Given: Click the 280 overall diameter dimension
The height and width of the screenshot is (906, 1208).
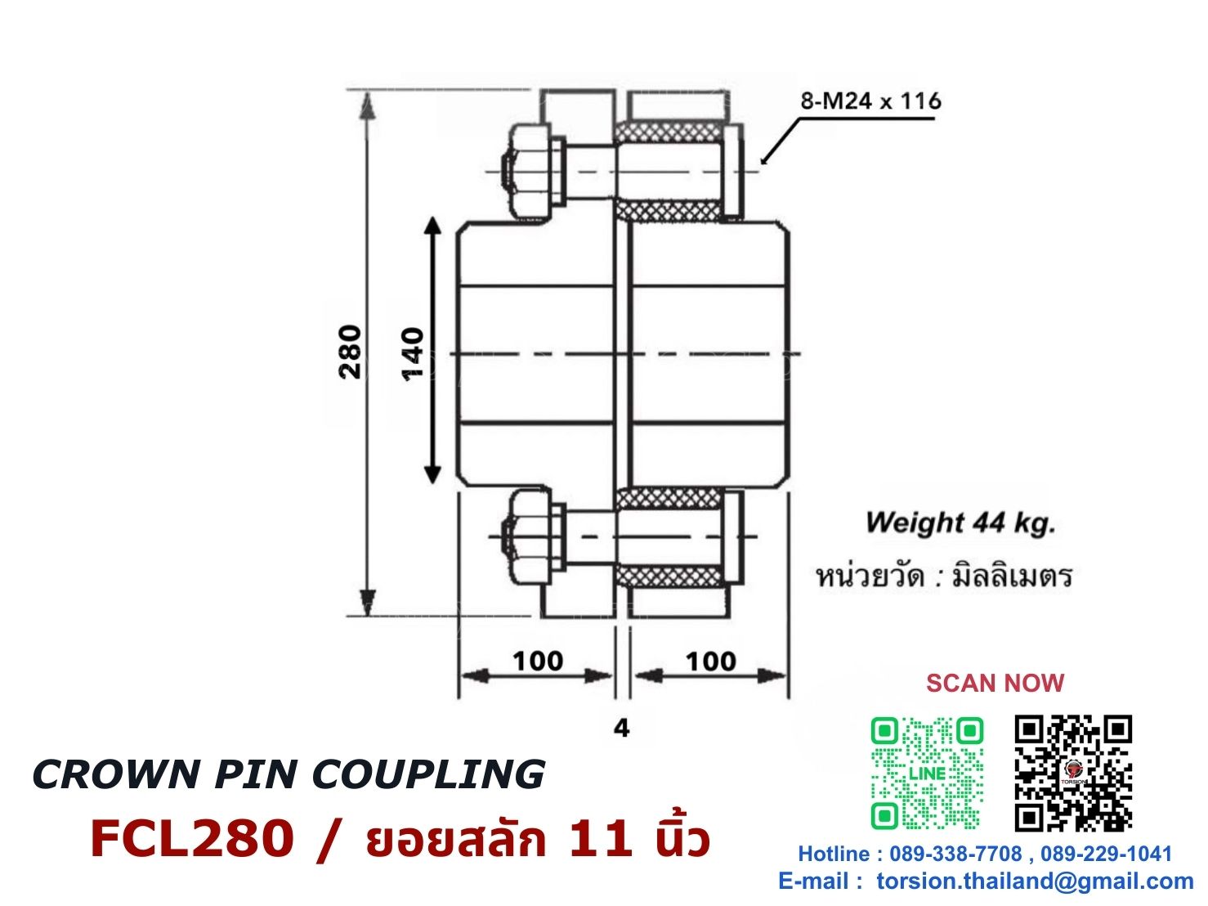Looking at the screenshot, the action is point(350,352).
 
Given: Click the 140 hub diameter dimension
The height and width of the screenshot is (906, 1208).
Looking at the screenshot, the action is point(413,354).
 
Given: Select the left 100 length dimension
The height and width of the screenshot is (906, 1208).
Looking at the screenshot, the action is point(538,661).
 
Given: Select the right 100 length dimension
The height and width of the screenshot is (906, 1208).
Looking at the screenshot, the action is point(710,661).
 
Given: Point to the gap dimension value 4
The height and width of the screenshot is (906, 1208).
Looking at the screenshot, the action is point(621,729).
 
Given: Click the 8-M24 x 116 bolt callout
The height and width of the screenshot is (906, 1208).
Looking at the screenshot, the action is point(870,101).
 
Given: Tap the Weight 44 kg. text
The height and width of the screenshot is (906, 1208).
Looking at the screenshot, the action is point(960,523).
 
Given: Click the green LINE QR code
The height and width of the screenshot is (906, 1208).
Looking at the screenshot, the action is point(927,774).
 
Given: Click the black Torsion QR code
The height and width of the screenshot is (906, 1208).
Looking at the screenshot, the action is point(1073,773).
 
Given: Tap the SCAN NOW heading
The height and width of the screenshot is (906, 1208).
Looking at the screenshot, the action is point(995,683).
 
